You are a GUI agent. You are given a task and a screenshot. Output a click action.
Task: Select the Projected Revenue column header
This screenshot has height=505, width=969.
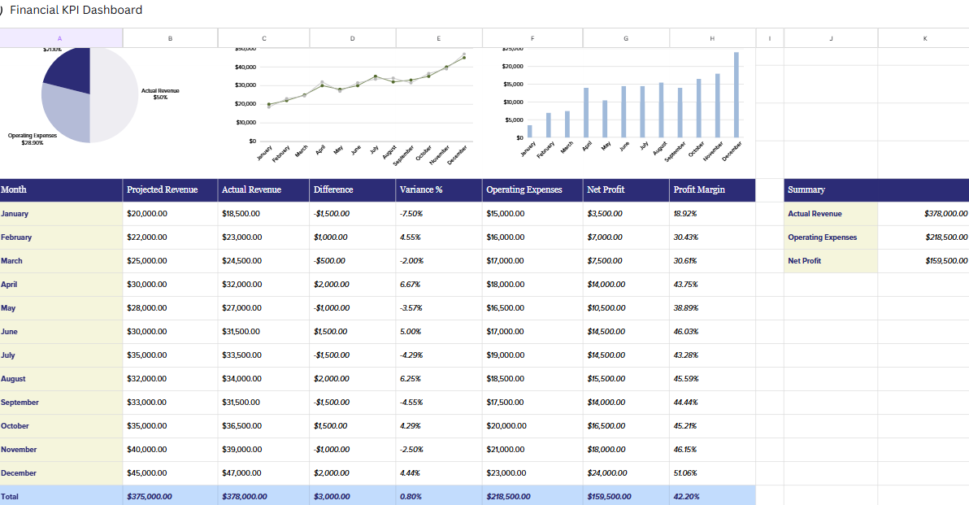(163, 189)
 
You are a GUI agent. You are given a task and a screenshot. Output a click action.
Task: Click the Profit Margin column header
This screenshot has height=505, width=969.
(699, 189)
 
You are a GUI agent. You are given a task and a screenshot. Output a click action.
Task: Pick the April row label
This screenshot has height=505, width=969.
(9, 285)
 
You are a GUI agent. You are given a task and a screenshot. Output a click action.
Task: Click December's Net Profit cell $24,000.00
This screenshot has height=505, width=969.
(606, 473)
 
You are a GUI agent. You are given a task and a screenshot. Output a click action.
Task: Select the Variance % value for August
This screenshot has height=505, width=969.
(410, 379)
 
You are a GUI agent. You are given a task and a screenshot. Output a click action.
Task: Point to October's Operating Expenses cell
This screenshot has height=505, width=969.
(505, 426)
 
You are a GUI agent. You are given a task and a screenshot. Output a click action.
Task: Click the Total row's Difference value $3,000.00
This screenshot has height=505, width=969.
(331, 496)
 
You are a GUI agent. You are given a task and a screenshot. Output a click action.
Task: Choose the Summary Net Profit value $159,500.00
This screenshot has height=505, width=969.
(946, 261)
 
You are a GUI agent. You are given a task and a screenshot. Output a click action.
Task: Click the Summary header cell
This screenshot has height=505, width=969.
(806, 189)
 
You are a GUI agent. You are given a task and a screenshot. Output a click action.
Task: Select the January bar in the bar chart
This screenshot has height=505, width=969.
(530, 131)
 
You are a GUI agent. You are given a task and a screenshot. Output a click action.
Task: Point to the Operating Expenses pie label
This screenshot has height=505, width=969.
(33, 139)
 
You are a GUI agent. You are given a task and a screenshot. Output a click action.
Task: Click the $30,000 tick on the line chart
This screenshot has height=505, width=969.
(246, 85)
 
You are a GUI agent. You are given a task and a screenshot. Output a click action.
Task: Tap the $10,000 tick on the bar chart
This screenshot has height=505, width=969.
(513, 102)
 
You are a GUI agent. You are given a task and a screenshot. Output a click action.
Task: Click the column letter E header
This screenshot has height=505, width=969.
(439, 38)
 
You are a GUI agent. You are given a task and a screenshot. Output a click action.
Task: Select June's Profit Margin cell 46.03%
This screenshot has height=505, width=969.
(686, 332)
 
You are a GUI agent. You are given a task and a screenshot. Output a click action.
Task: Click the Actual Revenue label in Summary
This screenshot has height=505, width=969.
(815, 214)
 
